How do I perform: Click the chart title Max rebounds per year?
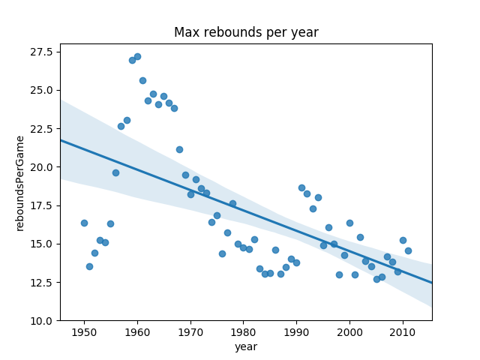pos(246,32)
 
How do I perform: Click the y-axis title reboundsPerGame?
pos(20,183)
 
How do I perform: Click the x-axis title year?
pos(246,346)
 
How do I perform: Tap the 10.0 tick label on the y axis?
pos(41,321)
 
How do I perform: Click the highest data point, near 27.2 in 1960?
pos(137,56)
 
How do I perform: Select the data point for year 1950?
pos(84,223)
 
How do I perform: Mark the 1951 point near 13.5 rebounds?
pos(89,266)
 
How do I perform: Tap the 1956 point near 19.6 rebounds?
pos(115,172)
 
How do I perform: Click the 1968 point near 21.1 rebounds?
pos(179,149)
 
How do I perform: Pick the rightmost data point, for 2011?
pos(408,250)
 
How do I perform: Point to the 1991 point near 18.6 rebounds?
pos(301,187)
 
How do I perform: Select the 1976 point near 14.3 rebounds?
pos(222,253)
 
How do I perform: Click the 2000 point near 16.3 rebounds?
pos(349,223)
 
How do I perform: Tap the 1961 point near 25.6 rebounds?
pos(142,80)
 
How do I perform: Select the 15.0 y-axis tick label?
pos(41,244)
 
